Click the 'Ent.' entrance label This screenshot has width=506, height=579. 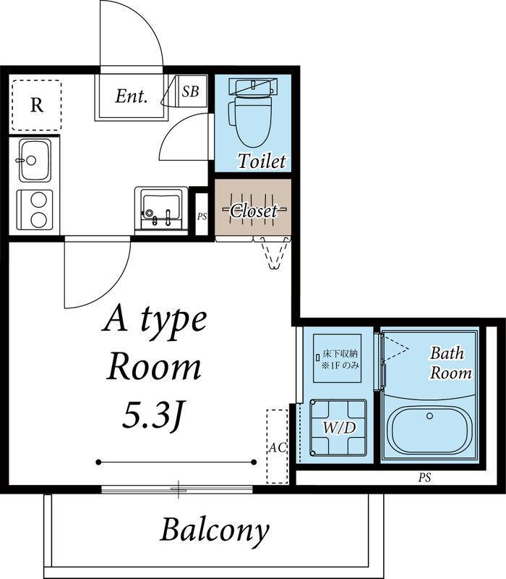(x=132, y=96)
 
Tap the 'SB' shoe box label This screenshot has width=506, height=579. (x=190, y=91)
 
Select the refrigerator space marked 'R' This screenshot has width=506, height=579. (x=37, y=105)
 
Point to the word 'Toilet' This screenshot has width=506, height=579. (x=262, y=161)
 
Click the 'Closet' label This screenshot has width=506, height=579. (x=253, y=211)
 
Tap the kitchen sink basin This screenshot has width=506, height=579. (x=35, y=161)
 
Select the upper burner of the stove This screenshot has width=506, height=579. (x=38, y=200)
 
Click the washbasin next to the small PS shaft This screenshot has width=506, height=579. (x=161, y=208)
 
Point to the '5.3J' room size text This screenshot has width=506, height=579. (x=153, y=415)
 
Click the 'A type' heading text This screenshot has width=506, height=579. (x=154, y=321)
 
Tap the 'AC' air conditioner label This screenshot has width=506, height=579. (x=277, y=447)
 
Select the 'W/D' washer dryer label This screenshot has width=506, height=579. (x=339, y=428)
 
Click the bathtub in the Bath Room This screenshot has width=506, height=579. (x=429, y=431)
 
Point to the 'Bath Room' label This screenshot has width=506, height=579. (x=450, y=363)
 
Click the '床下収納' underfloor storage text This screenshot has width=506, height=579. (x=340, y=354)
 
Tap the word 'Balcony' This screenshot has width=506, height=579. (x=215, y=531)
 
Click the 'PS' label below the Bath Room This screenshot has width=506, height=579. (x=424, y=478)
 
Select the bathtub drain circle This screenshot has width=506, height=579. (x=429, y=415)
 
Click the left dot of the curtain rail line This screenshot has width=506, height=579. (x=98, y=462)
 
